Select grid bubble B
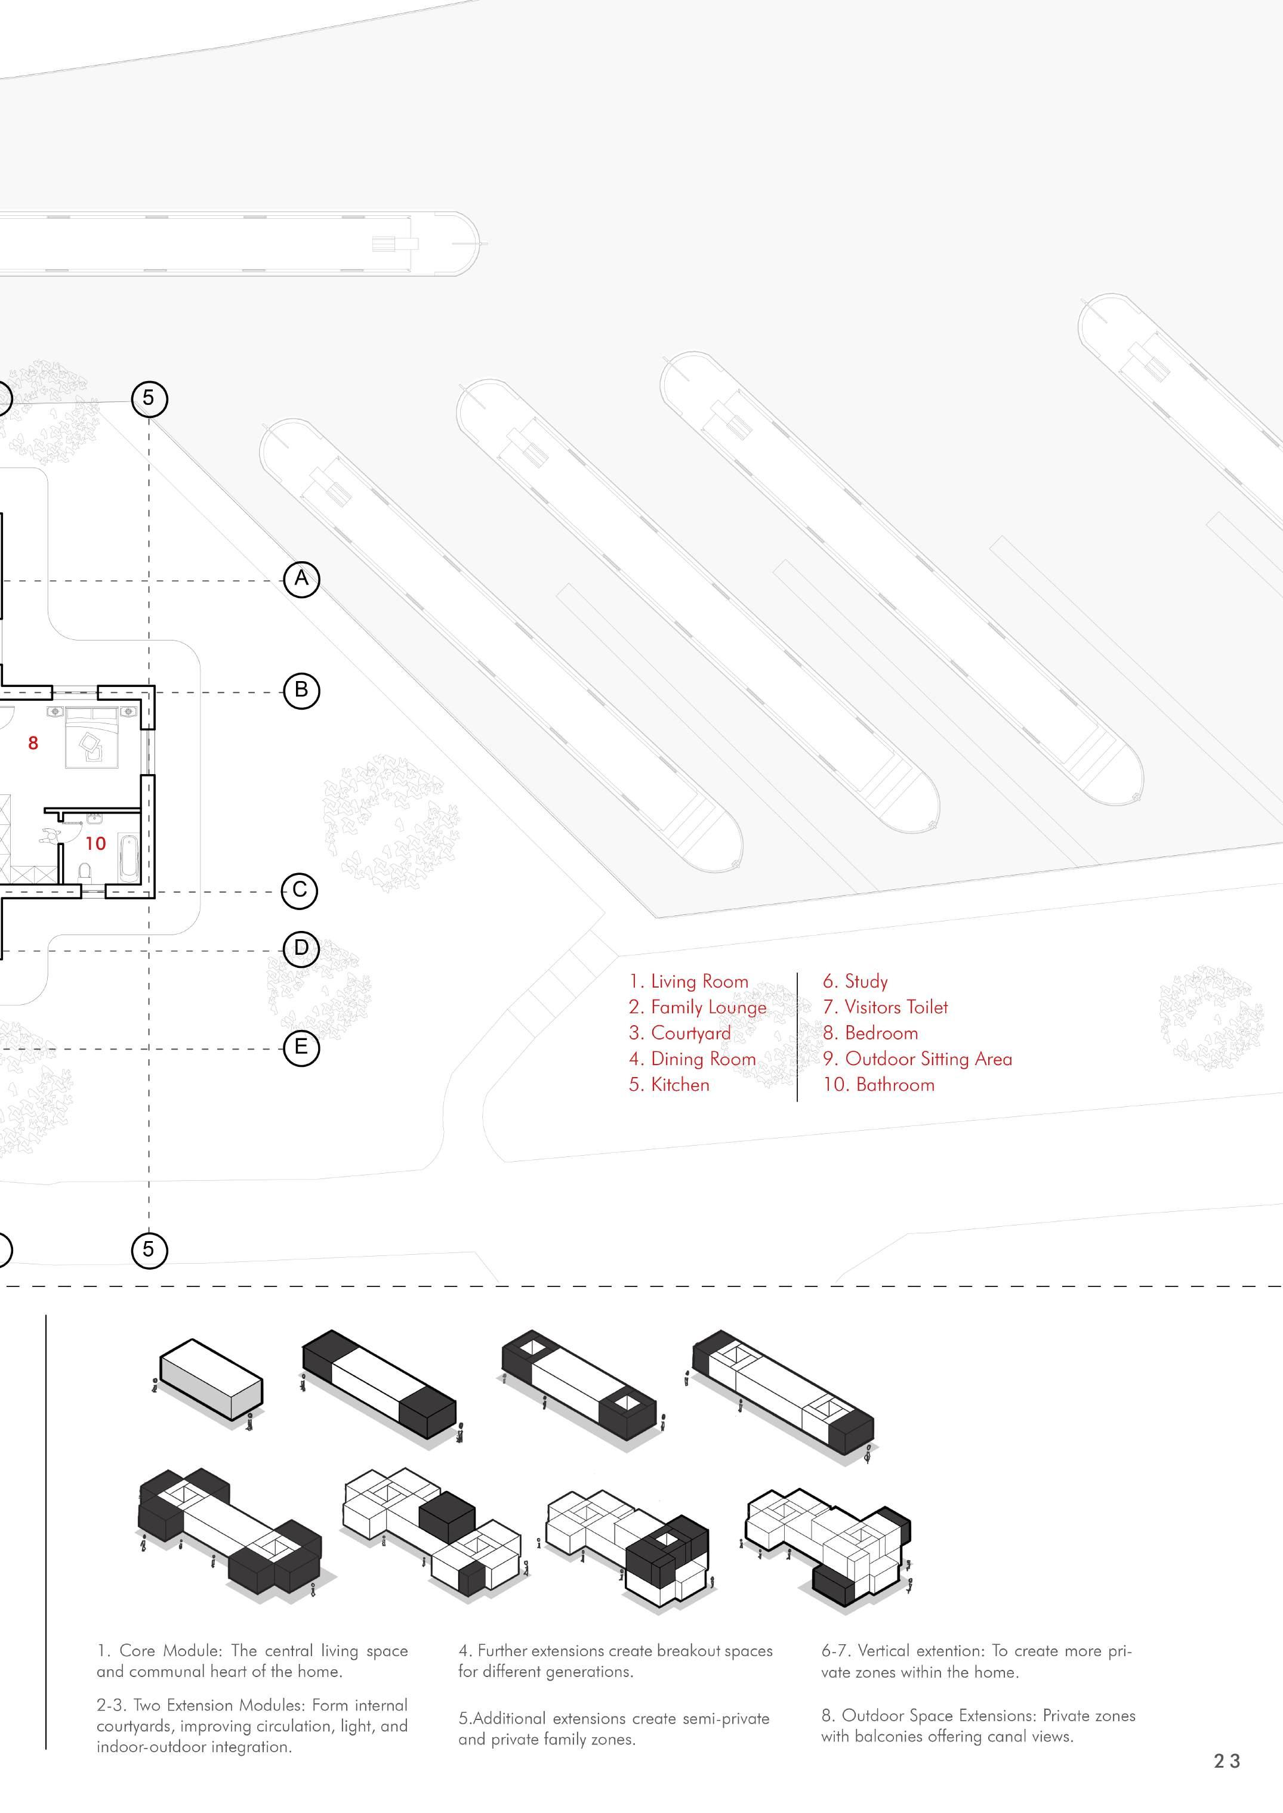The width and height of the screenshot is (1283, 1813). click(x=301, y=690)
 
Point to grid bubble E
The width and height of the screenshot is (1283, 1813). click(x=301, y=1047)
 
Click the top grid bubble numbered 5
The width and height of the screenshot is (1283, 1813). click(x=149, y=397)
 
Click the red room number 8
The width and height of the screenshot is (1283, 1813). click(x=33, y=743)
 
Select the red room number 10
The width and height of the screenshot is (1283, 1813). click(x=95, y=844)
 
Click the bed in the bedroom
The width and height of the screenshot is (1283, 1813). click(x=92, y=738)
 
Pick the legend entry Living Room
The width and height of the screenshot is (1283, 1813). click(x=689, y=982)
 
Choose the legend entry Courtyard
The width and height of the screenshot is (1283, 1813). click(x=680, y=1033)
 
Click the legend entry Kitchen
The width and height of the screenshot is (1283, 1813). click(x=669, y=1085)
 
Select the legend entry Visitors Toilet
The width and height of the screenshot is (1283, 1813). click(x=885, y=1007)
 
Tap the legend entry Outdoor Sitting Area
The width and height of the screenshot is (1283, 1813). click(x=917, y=1059)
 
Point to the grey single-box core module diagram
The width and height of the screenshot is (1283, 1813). click(x=211, y=1380)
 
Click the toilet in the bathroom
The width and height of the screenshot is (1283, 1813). click(x=86, y=871)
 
